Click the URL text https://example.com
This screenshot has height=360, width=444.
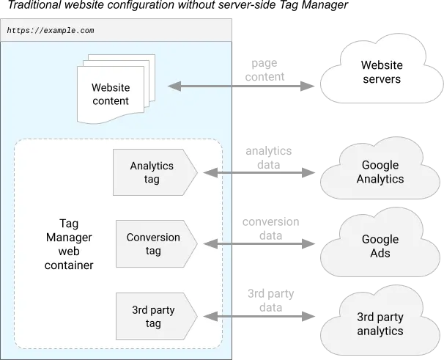click(50, 31)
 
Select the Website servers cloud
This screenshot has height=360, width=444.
click(380, 72)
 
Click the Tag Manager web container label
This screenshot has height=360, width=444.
click(70, 245)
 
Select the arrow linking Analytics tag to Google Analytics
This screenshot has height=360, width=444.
click(261, 173)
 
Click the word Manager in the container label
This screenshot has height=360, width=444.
click(70, 238)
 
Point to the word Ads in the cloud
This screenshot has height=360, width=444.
click(380, 253)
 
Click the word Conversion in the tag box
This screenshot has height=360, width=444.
click(153, 238)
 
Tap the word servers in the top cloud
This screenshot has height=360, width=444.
click(381, 79)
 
